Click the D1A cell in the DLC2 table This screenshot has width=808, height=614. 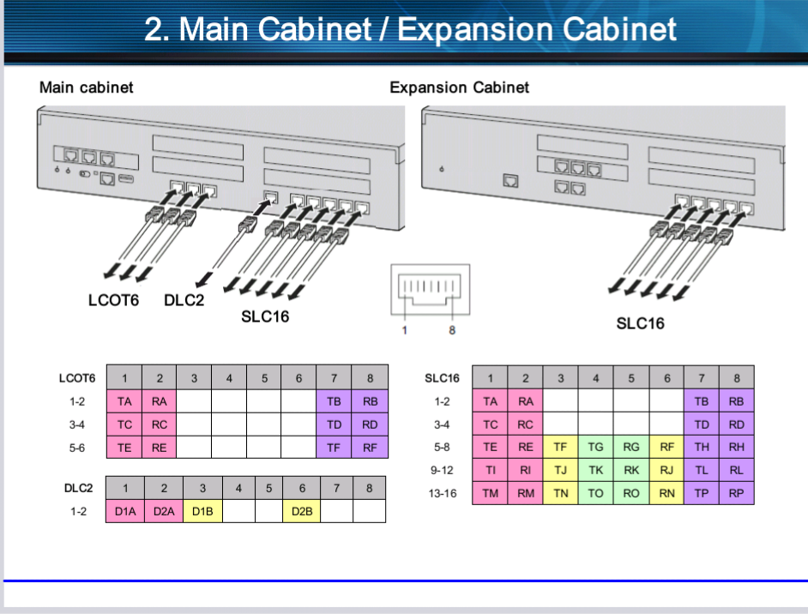[x=125, y=511]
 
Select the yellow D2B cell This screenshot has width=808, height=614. [x=301, y=511]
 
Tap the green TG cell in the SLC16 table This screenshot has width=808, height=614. [x=595, y=447]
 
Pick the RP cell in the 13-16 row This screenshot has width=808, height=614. [x=736, y=493]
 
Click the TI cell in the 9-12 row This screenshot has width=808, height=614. [x=490, y=470]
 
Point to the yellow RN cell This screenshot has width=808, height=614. [x=666, y=493]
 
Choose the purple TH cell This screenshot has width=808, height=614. [x=701, y=447]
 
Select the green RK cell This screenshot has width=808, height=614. [x=630, y=470]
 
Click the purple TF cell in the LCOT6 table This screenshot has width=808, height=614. [x=335, y=447]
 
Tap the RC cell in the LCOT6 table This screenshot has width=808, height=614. [x=159, y=424]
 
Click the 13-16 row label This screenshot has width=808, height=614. [x=443, y=493]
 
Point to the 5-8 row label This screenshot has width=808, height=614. [x=443, y=447]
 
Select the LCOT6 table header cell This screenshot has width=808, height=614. [x=78, y=377]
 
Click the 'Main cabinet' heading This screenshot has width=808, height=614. [x=87, y=87]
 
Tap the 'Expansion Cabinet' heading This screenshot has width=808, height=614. [x=459, y=87]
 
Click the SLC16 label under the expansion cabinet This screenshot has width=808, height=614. [x=640, y=323]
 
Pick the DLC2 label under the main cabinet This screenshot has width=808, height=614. [x=184, y=300]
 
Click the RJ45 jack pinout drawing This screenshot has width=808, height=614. [x=430, y=291]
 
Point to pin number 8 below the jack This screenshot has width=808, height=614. [x=452, y=331]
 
